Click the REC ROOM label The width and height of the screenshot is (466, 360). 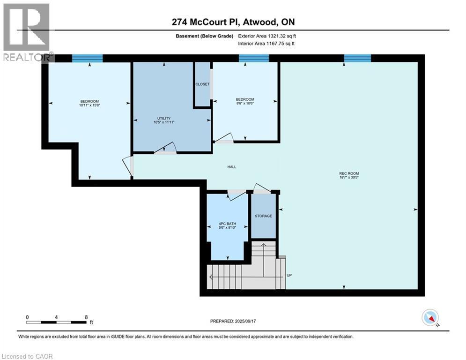[x=349, y=173]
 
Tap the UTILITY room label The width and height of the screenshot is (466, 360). [x=163, y=118]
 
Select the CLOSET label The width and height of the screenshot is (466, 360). [x=202, y=84]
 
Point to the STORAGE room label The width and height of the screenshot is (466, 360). [x=263, y=216]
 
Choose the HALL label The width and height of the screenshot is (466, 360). [x=231, y=166]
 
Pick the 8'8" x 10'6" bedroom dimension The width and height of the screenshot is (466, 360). [x=245, y=104]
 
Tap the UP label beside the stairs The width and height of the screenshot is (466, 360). [x=289, y=275]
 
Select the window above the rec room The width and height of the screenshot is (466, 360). [x=357, y=58]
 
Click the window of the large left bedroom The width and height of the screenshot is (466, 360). [x=87, y=58]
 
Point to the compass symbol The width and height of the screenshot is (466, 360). [x=429, y=317]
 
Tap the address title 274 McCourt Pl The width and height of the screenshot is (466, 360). [x=233, y=22]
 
